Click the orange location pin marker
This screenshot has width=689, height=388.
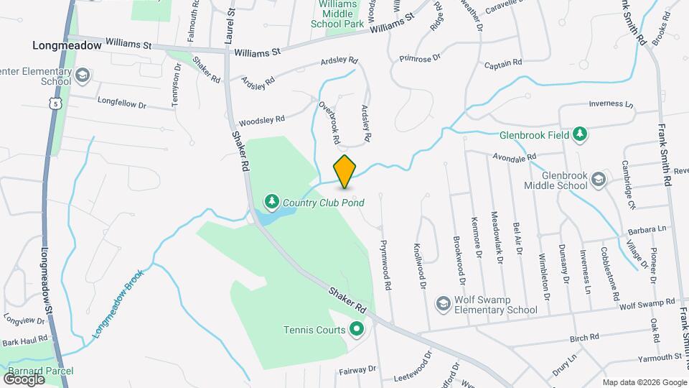[345, 172]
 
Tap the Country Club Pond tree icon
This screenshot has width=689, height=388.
[272, 200]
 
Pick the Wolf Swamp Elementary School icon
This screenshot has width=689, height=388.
[443, 305]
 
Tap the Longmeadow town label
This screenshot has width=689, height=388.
[62, 45]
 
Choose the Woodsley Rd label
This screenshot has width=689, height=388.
[262, 120]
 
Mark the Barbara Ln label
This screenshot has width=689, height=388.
[646, 230]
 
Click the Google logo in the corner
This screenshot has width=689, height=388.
[24, 378]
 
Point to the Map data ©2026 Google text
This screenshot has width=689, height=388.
[644, 382]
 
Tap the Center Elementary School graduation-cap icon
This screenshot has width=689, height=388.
[83, 75]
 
